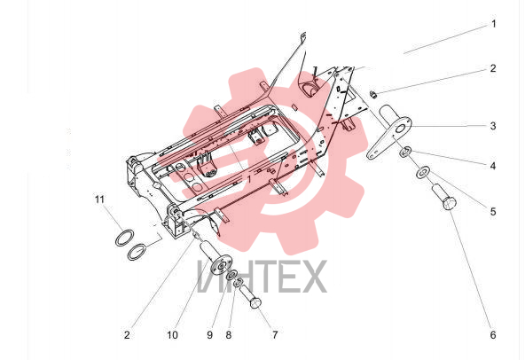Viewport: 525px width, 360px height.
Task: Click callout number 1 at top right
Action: point(494,24)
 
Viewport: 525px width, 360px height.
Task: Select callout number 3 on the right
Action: point(493,126)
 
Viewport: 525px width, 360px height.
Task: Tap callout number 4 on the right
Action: point(493,166)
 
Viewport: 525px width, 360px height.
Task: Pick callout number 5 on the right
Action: point(493,212)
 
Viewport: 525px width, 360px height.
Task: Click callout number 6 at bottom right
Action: point(493,335)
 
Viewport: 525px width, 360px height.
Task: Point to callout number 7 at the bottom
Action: point(275,335)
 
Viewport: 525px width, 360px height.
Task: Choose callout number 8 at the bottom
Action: point(228,335)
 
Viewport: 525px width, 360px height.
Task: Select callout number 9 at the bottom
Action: point(209,335)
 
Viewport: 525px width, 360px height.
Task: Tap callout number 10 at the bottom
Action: point(172,335)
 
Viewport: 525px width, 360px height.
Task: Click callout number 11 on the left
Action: point(99,200)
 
